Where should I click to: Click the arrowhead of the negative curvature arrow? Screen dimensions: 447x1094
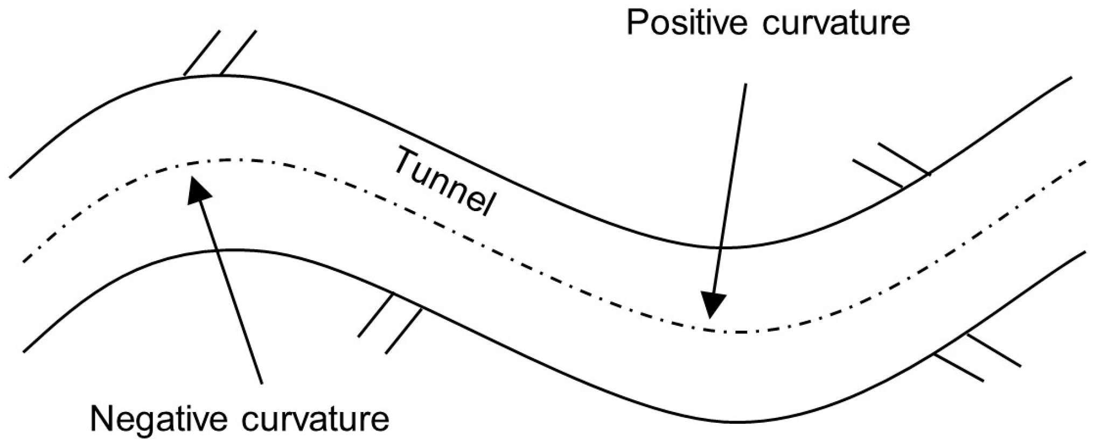tap(197, 188)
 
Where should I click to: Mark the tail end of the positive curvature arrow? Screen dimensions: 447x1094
tap(746, 84)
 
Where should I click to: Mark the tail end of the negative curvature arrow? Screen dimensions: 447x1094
tap(262, 383)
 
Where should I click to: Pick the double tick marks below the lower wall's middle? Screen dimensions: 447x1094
tap(389, 323)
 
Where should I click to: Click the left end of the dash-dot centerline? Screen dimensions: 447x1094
tap(24, 261)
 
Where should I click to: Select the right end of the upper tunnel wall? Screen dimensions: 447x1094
tap(1071, 78)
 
